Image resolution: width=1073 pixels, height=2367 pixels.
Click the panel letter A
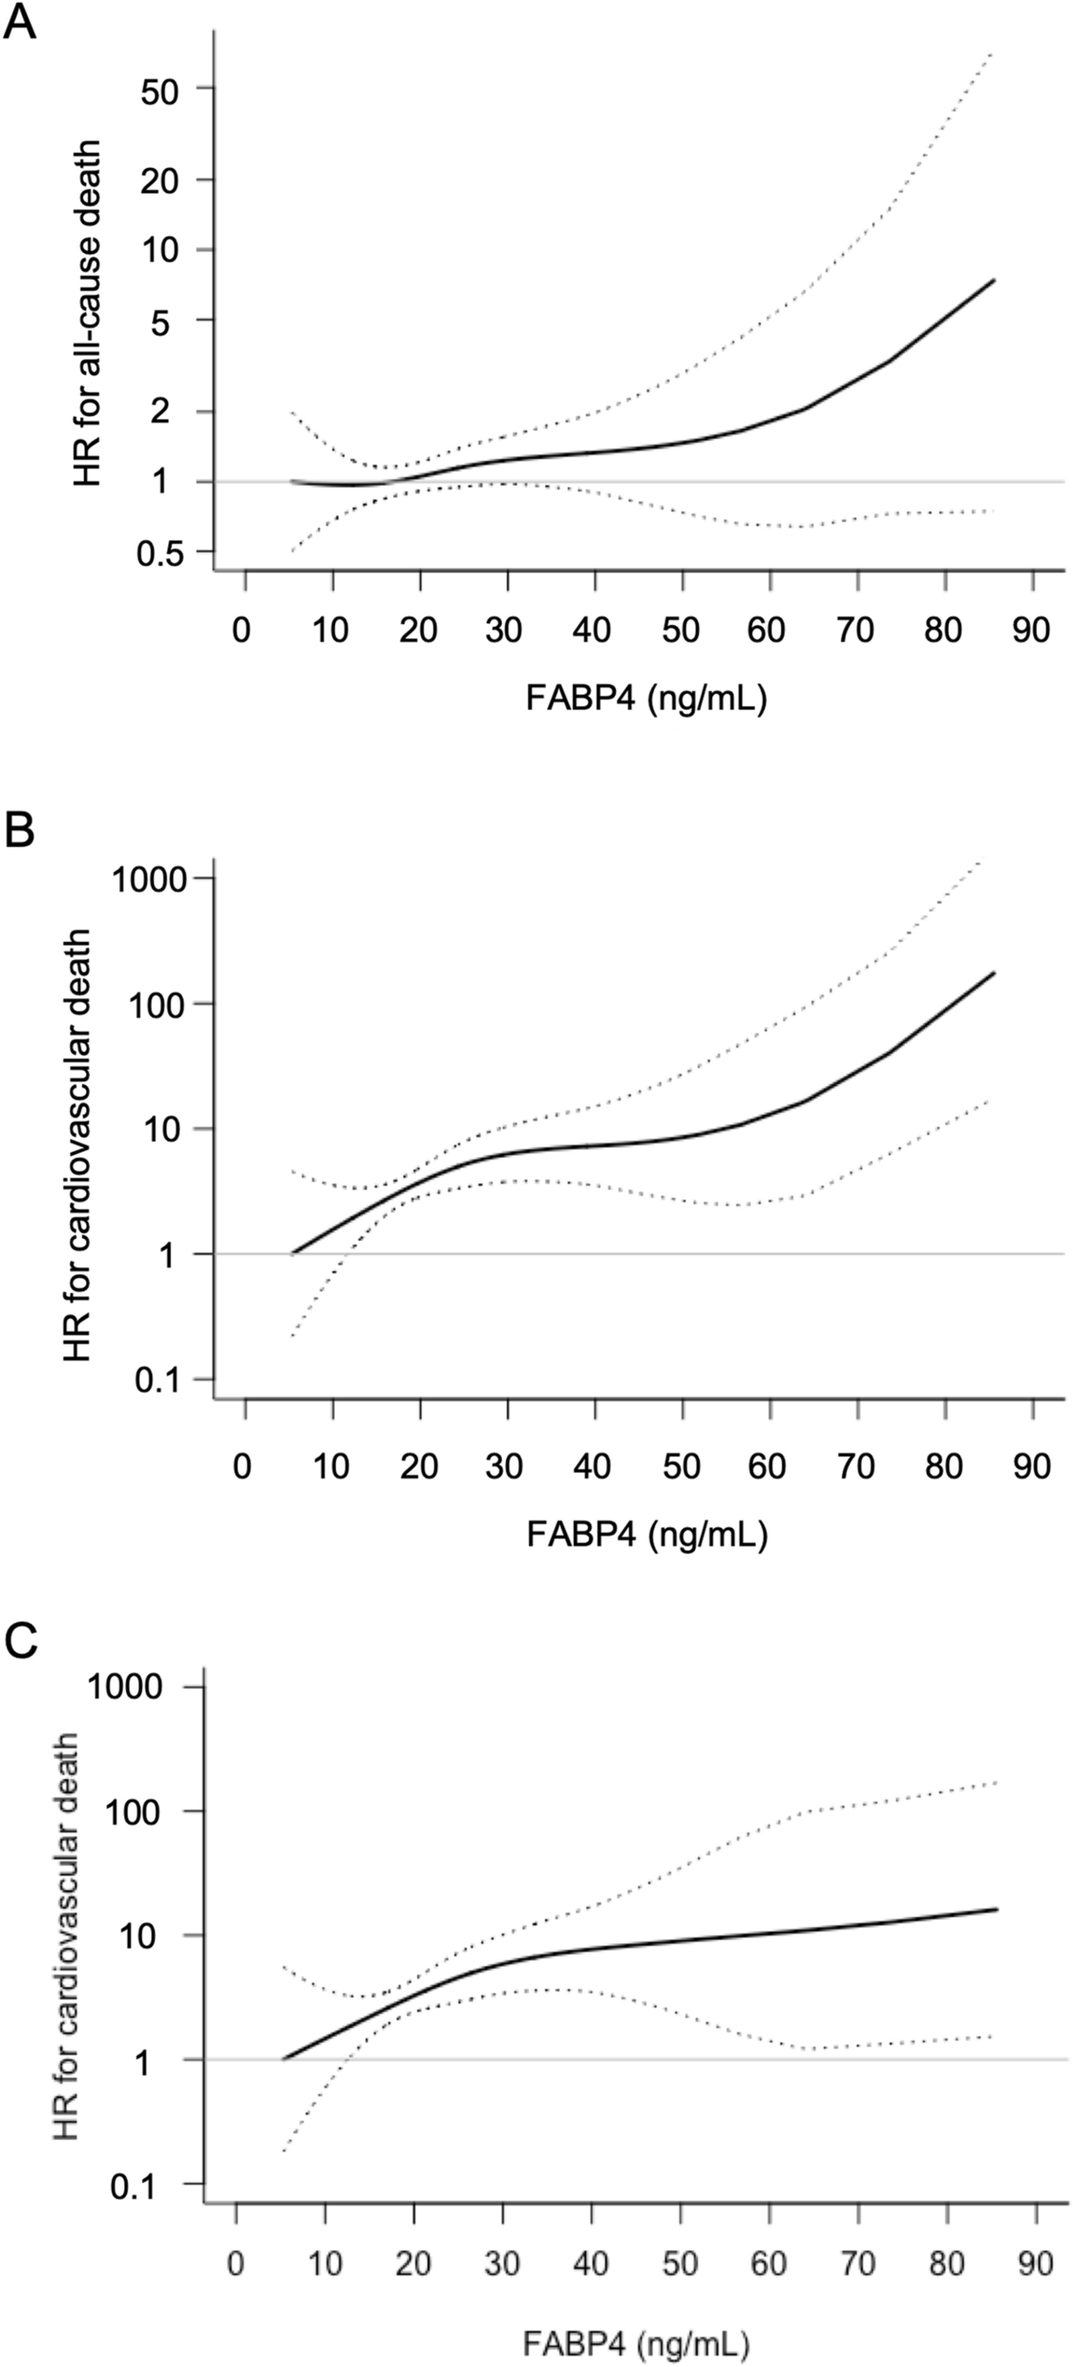point(20,24)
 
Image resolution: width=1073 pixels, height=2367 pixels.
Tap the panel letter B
point(20,831)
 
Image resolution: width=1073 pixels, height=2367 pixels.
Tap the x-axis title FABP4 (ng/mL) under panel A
point(646,700)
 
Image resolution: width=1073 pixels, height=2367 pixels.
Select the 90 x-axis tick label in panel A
point(1031,630)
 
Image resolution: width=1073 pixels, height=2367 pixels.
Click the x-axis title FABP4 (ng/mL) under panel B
point(646,1534)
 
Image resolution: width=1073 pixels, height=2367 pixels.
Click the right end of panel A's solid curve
point(994,281)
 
